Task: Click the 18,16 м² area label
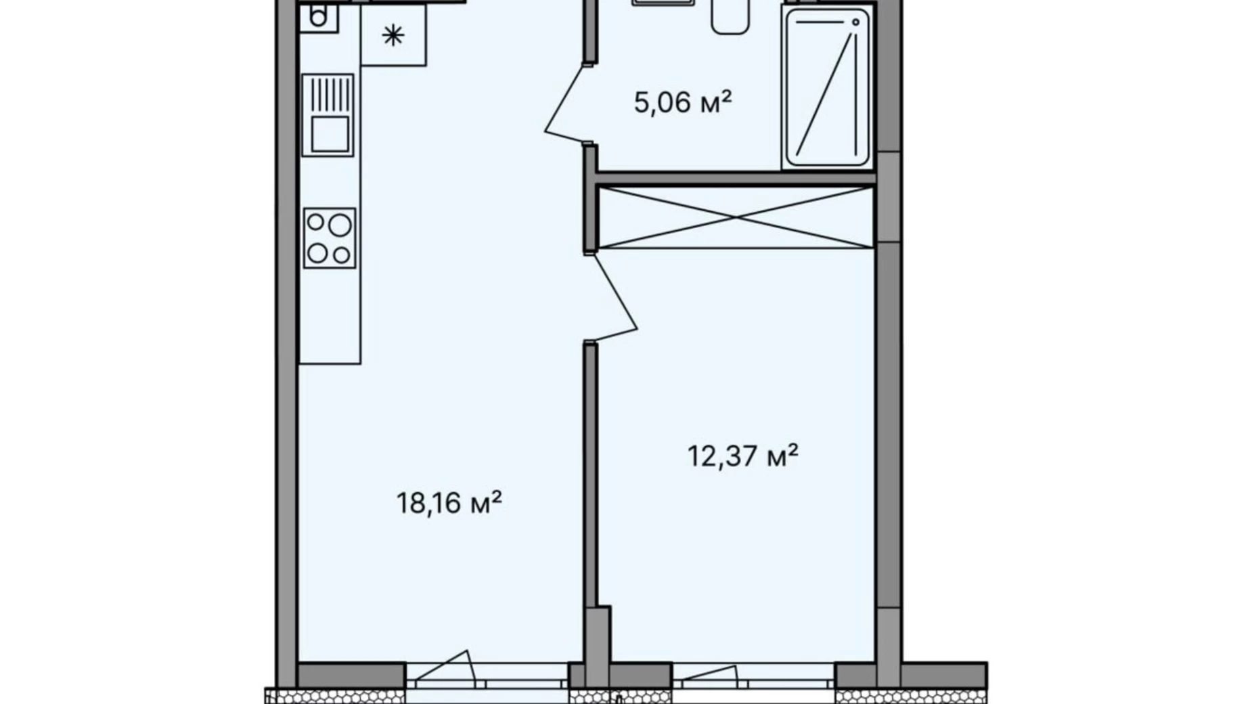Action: coord(449,503)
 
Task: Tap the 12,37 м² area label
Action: coord(742,456)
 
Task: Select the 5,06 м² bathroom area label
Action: coord(683,102)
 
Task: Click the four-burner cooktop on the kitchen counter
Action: coord(330,238)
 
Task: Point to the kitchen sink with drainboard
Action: coord(328,115)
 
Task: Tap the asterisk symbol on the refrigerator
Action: coord(393,35)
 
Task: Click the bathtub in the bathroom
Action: coord(826,87)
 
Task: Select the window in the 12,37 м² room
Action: coord(753,676)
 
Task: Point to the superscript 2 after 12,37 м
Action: coord(792,449)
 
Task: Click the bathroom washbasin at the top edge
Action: coord(663,3)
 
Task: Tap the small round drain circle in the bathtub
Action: coord(855,22)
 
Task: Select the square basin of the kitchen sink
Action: coord(330,133)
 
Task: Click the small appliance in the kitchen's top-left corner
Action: coord(319,16)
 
